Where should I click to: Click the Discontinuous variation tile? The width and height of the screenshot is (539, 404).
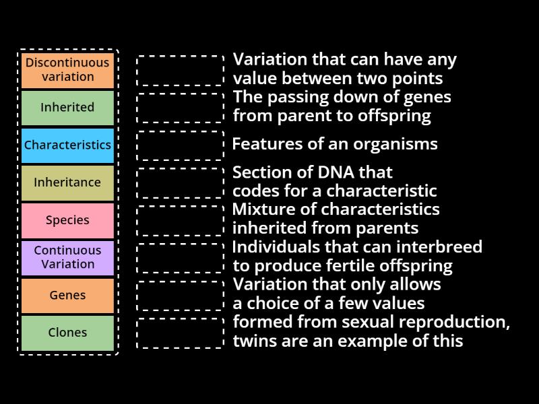click(67, 70)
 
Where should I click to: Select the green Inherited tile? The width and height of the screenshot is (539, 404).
click(67, 108)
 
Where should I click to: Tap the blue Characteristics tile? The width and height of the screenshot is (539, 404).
click(67, 145)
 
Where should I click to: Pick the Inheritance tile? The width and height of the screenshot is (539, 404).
click(67, 182)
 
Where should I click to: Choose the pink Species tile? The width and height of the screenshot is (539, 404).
click(67, 220)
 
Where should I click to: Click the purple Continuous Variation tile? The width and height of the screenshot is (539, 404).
click(67, 258)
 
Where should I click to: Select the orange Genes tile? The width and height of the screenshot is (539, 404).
click(67, 296)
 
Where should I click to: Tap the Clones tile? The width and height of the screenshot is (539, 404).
click(67, 333)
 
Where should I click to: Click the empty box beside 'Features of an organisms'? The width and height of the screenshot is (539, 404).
click(180, 145)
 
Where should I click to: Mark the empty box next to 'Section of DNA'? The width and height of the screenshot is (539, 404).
click(180, 183)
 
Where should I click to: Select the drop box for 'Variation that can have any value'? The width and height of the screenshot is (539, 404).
click(180, 70)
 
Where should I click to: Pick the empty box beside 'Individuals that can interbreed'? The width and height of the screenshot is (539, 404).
click(180, 258)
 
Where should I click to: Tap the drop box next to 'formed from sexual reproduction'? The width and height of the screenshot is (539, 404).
click(180, 333)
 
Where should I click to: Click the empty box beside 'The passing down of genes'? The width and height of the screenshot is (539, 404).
click(180, 108)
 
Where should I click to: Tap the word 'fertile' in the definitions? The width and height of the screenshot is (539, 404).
click(346, 265)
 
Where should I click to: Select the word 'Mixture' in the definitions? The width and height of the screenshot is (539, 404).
click(261, 209)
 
